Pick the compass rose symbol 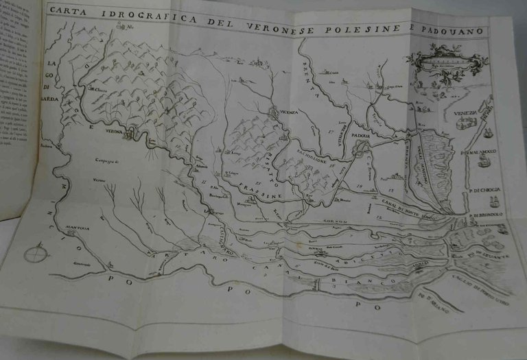[x=34, y=254]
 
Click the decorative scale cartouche [x=446, y=63]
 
